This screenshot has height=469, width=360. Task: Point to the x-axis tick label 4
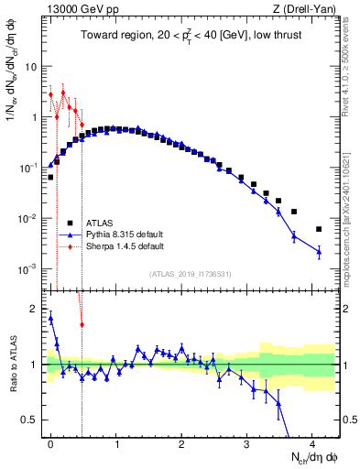(x=312, y=442)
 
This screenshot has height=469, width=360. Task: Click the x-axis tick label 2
(x=181, y=442)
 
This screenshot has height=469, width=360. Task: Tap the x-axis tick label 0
(x=50, y=442)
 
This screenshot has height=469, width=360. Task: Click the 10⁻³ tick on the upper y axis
(x=28, y=268)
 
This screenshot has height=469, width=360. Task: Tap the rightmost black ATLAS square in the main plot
(x=319, y=229)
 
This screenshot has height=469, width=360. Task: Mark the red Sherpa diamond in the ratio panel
(x=82, y=324)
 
